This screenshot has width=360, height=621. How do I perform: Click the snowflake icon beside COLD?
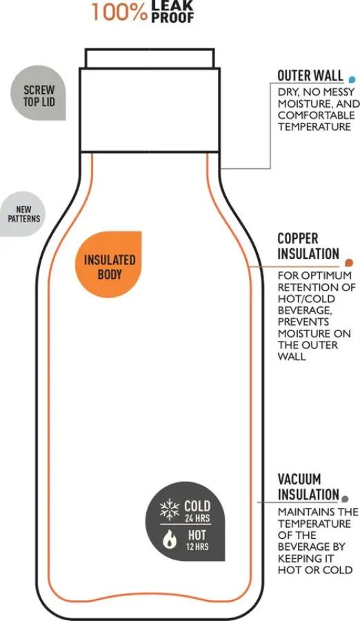click(169, 509)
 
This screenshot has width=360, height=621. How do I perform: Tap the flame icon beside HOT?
click(170, 540)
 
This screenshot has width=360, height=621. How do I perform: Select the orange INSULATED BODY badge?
click(108, 264)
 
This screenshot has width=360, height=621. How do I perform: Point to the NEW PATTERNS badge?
click(22, 214)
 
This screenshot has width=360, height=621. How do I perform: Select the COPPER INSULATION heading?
click(308, 246)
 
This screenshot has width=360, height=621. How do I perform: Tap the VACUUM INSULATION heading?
click(308, 486)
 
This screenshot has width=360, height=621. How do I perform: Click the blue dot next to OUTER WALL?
click(351, 79)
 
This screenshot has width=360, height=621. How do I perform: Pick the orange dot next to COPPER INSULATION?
click(349, 262)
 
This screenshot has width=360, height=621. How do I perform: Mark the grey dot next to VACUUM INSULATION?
click(346, 499)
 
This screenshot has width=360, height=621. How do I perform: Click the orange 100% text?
click(119, 12)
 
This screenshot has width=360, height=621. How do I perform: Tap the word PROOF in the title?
click(172, 17)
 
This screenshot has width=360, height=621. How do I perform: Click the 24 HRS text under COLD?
click(197, 518)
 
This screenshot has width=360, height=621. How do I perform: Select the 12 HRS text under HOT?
click(197, 546)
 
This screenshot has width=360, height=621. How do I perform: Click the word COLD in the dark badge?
click(197, 506)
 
